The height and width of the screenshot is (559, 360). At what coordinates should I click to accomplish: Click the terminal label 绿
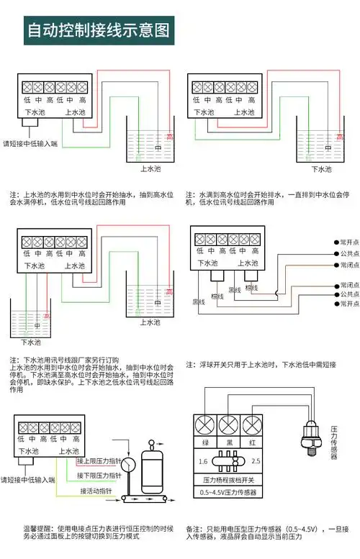[x=205, y=442]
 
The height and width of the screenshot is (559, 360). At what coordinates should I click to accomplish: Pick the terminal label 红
[x=252, y=442]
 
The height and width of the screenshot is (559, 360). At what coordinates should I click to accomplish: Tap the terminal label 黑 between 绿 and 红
[x=229, y=442]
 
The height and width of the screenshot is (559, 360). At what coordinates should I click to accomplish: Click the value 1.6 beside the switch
[x=204, y=460]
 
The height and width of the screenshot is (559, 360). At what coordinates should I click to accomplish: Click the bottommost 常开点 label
[x=348, y=304]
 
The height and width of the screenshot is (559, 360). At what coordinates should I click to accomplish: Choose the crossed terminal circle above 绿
[x=205, y=424]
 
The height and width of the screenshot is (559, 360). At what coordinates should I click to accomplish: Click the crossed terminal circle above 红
[x=252, y=424]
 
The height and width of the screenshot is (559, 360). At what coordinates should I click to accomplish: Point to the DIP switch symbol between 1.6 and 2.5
[x=229, y=460]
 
